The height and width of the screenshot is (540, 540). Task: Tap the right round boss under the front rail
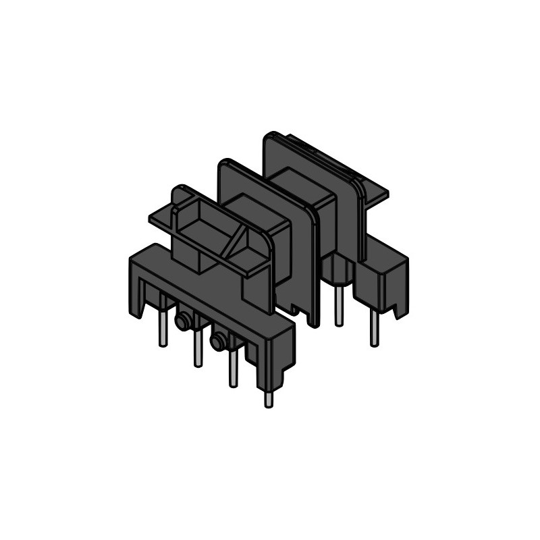coord(218,342)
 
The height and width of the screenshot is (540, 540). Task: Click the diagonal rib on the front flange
coord(236,242)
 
